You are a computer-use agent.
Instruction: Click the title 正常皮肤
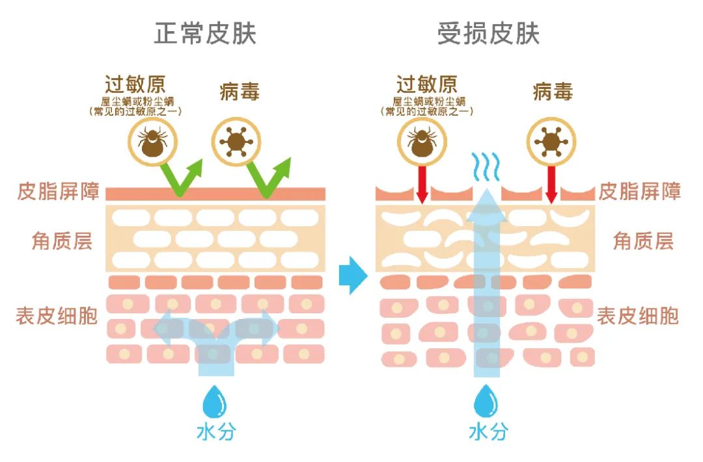(205, 34)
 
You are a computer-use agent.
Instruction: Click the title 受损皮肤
(488, 34)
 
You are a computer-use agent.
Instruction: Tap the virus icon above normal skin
(236, 142)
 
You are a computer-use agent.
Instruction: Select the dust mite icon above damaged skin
(421, 142)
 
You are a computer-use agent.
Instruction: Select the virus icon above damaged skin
(551, 142)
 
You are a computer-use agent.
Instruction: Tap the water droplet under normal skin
(214, 401)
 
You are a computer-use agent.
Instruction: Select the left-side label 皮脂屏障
(58, 193)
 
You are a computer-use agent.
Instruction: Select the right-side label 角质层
(643, 242)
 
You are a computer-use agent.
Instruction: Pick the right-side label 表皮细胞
(638, 316)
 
